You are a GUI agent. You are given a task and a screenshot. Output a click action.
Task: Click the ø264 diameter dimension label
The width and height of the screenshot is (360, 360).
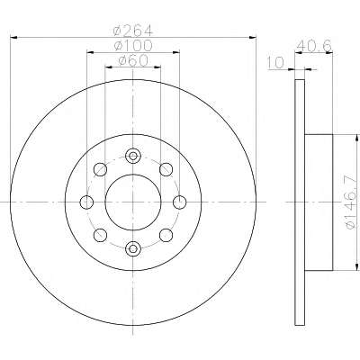coord(133,30)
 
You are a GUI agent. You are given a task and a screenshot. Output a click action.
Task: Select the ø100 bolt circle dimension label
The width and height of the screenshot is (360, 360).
coord(133,46)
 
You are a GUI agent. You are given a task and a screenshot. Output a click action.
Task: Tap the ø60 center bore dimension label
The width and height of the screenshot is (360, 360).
coord(133,60)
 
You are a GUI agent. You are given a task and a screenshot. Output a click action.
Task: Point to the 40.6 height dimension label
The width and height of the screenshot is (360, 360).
coord(314,46)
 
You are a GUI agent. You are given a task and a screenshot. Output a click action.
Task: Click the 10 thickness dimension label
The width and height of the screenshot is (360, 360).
coord(275,63)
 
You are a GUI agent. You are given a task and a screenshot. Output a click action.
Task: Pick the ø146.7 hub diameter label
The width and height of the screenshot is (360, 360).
coord(354,203)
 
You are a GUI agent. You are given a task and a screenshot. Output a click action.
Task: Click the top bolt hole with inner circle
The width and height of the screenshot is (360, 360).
coord(133,156)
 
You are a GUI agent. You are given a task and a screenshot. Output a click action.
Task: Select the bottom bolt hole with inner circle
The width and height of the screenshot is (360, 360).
coord(133,248)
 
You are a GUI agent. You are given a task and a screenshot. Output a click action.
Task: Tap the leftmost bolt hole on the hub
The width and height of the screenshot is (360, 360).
coord(86,202)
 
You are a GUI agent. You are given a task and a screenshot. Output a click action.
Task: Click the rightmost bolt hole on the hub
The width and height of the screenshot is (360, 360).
coord(180,202)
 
